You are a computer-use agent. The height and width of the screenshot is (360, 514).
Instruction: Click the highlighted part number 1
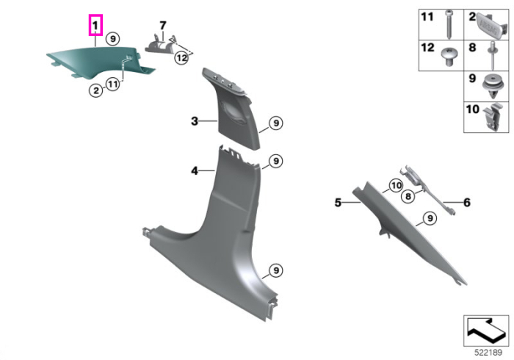(x=95, y=25)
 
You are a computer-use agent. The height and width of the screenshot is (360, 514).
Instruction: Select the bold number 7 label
(x=163, y=25)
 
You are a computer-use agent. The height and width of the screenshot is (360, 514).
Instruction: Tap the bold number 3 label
(x=195, y=121)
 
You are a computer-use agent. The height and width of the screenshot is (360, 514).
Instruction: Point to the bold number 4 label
(x=195, y=171)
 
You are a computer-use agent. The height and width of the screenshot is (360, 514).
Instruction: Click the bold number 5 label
(x=338, y=203)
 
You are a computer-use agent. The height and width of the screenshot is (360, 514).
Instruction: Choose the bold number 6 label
(x=467, y=203)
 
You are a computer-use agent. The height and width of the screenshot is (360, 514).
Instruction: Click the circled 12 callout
(x=181, y=58)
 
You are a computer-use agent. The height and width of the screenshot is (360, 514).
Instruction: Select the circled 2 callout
(x=96, y=90)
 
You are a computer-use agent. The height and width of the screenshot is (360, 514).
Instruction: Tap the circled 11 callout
(x=113, y=84)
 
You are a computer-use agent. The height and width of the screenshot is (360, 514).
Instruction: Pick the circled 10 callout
(x=396, y=186)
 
